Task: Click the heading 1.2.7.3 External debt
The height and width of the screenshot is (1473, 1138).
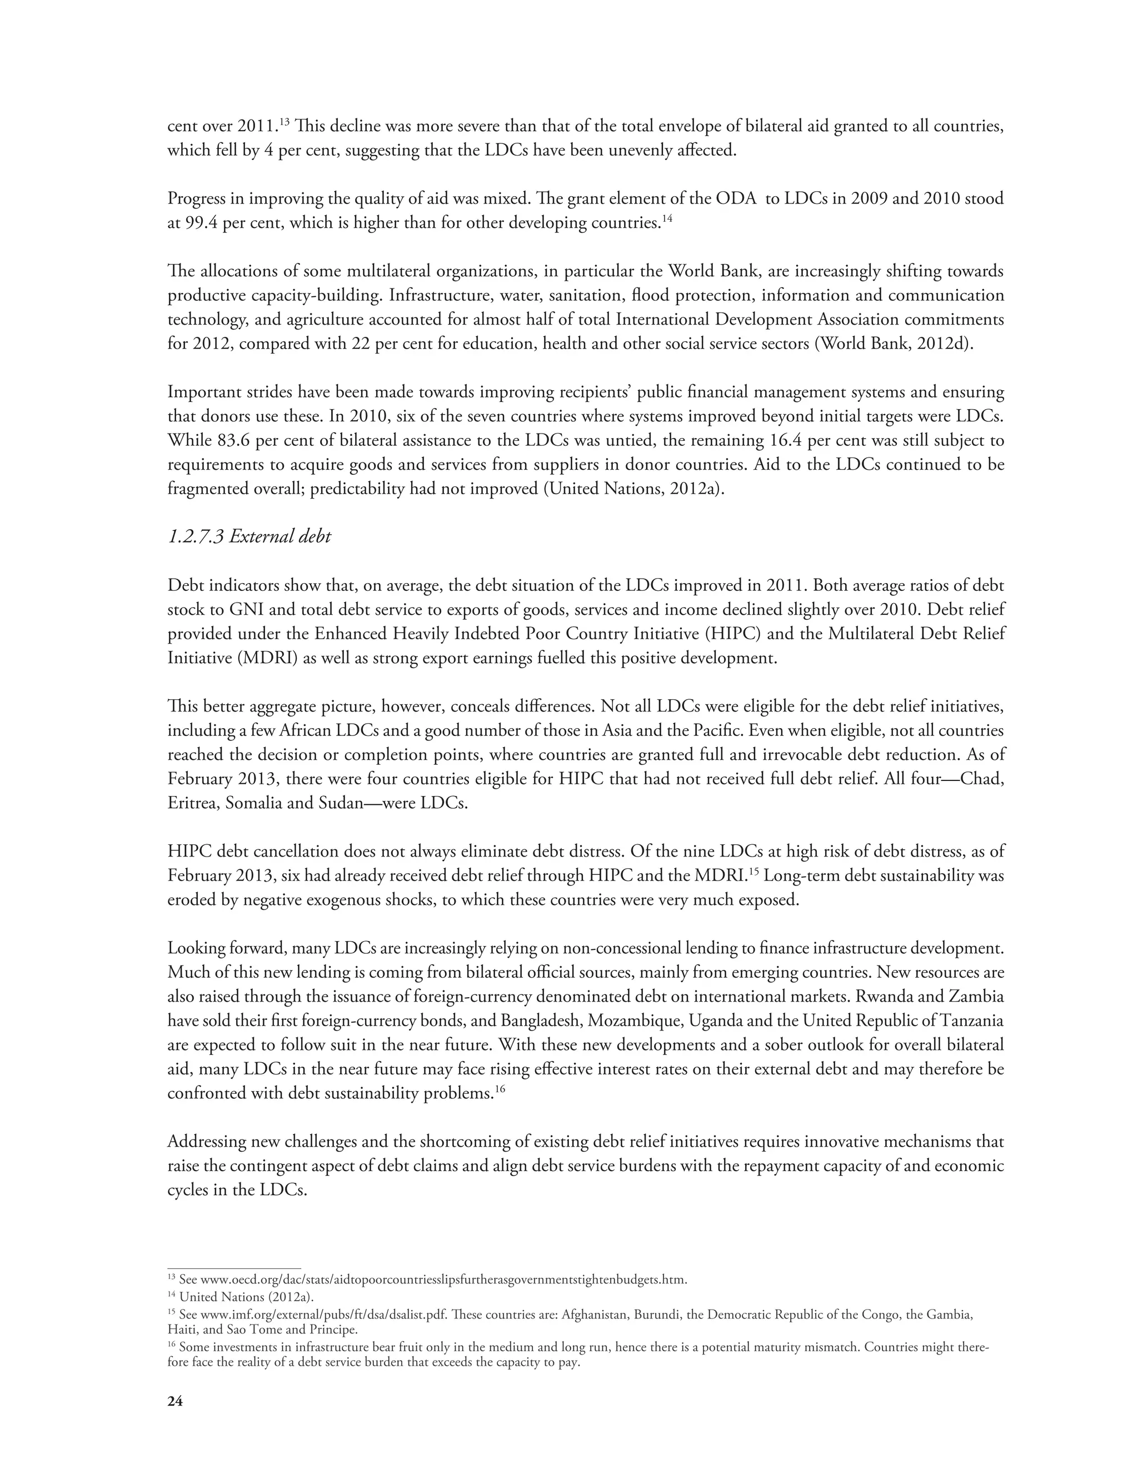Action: pos(249,537)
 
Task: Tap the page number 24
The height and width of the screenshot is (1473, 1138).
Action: pos(174,1401)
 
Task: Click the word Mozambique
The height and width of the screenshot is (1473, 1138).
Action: pos(635,1021)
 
